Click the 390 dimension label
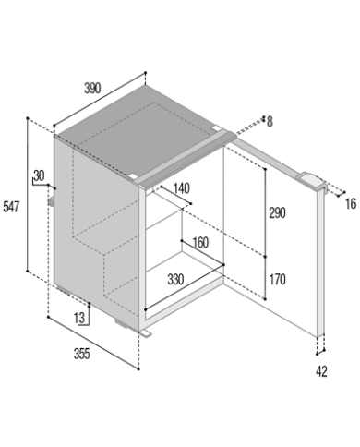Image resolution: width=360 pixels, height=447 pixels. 92,89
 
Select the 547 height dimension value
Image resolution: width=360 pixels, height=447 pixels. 11,207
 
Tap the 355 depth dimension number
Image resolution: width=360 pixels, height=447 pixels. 82,354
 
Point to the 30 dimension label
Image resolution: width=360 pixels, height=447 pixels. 39,175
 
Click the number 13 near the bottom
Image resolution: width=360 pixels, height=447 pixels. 79,318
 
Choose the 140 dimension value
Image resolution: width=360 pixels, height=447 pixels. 182,188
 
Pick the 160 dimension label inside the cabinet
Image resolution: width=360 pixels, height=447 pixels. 200,243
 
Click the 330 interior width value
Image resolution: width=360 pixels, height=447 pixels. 175,280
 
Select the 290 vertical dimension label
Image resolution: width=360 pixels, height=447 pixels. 277,213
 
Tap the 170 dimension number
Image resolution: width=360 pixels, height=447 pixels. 277,280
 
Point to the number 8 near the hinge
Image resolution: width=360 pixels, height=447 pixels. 270,122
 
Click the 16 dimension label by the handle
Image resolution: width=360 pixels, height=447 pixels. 351,204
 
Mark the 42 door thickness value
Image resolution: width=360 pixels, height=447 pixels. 321,371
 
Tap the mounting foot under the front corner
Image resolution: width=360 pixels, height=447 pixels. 146,333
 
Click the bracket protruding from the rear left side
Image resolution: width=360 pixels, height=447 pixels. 51,201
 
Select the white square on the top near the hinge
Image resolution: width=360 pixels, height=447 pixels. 217,128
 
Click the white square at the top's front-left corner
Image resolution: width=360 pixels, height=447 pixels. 134,177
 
